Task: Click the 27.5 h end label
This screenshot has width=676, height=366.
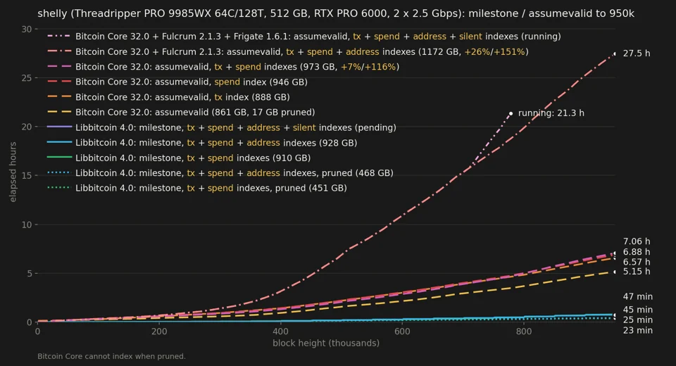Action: point(637,53)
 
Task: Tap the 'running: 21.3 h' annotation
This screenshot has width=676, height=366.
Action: point(551,113)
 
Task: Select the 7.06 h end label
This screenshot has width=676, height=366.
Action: point(637,241)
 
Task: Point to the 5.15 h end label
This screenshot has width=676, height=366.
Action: point(637,272)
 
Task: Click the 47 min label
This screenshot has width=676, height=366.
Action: point(638,296)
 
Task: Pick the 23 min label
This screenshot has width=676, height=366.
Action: point(638,331)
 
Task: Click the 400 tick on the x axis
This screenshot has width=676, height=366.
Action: point(281,332)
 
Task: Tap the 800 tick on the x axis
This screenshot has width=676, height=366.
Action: point(524,332)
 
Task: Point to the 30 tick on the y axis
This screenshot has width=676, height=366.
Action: point(27,30)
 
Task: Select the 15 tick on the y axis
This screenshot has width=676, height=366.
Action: point(27,175)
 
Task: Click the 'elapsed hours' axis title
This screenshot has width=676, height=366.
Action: point(13,172)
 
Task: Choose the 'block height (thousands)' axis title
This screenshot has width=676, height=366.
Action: point(326,343)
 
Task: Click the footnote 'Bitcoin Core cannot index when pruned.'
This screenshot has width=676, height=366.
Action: point(112,357)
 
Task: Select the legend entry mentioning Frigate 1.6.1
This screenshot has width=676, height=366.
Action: point(304,37)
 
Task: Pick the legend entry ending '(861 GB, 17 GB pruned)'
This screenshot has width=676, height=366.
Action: point(181,113)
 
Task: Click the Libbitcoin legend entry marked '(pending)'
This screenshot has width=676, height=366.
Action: point(222,127)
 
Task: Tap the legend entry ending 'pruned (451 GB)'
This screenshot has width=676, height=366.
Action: point(197,189)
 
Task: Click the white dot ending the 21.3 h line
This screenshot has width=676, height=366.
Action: point(511,114)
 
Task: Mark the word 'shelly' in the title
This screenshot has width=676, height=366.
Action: point(52,14)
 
